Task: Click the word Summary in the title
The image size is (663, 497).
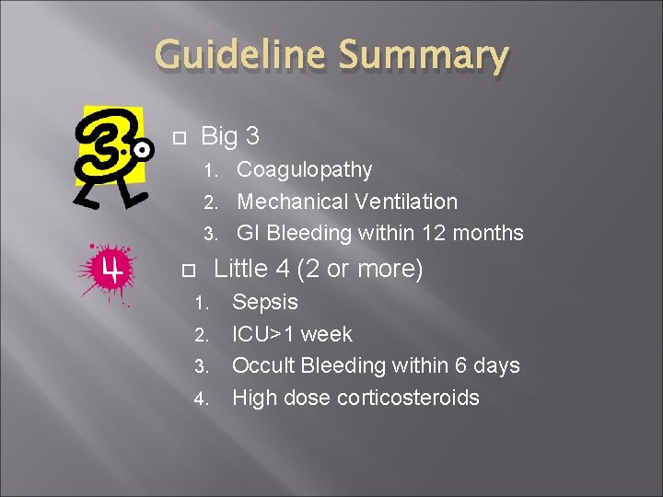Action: [x=423, y=57]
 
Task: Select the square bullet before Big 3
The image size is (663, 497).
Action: [x=180, y=138]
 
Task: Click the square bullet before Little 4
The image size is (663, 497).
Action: [x=191, y=272]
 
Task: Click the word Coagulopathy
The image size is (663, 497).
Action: [x=305, y=170]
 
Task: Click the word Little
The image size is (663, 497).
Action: [x=238, y=270]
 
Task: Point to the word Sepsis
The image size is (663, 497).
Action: [x=265, y=302]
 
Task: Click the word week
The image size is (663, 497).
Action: [x=326, y=334]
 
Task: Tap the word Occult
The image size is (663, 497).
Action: [x=262, y=365]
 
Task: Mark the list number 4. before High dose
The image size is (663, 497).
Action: [x=202, y=399]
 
